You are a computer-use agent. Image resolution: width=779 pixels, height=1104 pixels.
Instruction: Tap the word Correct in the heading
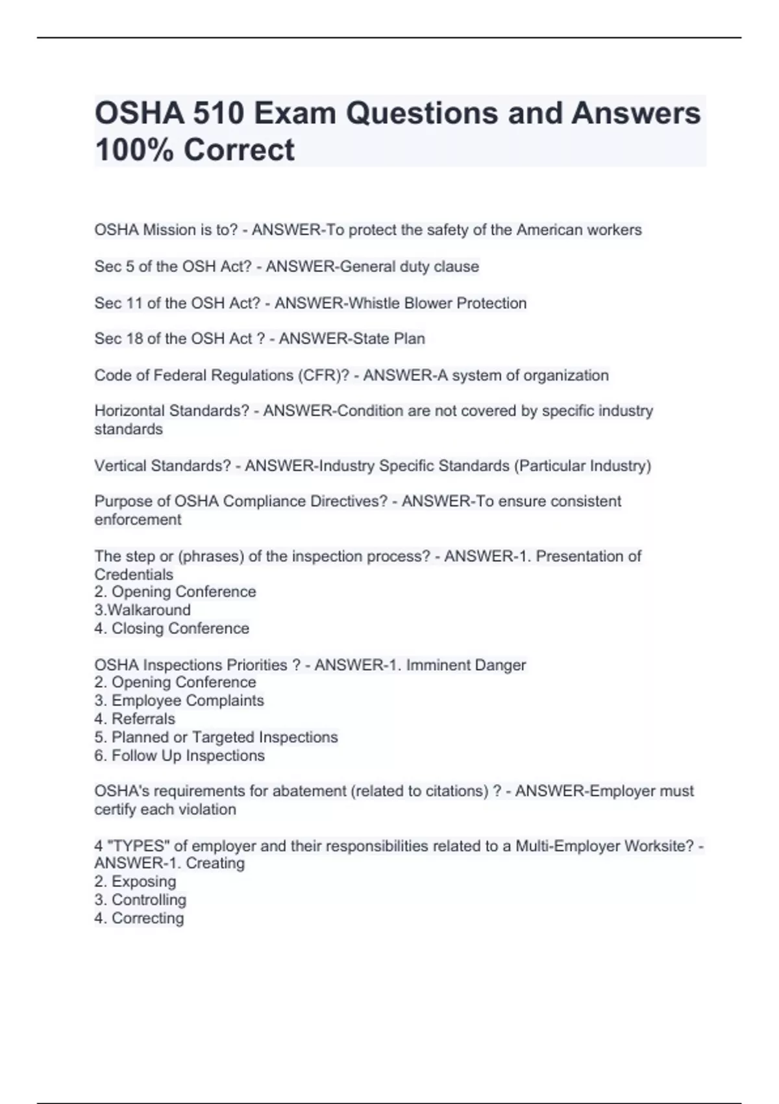click(x=239, y=150)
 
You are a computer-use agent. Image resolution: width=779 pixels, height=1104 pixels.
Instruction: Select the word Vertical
click(x=121, y=466)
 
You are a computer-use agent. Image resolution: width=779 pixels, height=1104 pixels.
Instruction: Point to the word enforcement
click(x=138, y=520)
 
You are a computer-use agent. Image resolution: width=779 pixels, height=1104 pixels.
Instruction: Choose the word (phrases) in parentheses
click(x=210, y=557)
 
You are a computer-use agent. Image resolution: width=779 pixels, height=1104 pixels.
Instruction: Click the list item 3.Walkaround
click(x=142, y=610)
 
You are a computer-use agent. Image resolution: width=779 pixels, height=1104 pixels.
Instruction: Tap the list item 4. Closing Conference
click(x=171, y=629)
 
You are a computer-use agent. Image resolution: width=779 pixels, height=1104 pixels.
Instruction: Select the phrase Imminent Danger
click(x=465, y=666)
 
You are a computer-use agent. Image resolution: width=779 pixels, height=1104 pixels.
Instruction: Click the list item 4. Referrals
click(x=134, y=720)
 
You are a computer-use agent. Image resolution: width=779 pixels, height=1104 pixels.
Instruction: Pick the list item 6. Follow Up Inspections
click(x=179, y=756)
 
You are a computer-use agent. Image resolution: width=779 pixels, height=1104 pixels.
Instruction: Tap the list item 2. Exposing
click(x=135, y=882)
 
